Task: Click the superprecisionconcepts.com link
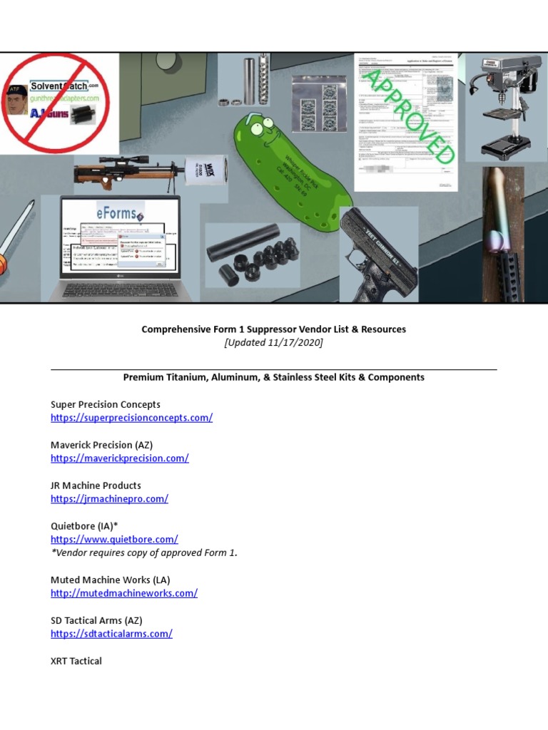[131, 418]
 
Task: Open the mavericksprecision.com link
[119, 458]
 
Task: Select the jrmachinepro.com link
[109, 499]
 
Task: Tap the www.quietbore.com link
[114, 540]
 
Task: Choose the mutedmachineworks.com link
[123, 593]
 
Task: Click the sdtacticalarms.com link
[111, 634]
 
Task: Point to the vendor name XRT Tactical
[76, 661]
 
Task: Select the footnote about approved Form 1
[143, 552]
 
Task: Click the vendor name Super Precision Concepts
[105, 404]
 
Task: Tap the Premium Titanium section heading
[273, 377]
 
